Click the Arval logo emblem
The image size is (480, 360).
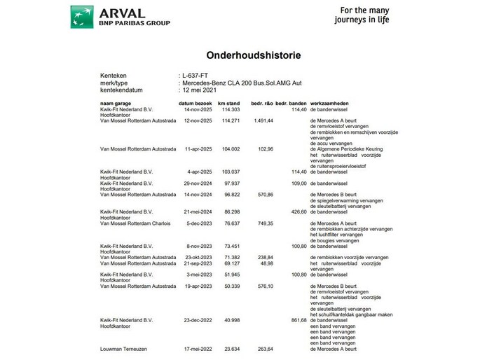coord(83,16)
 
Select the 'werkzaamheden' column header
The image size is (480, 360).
coord(331,104)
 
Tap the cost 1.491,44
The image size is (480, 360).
coord(260,120)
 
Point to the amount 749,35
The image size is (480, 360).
coord(262,223)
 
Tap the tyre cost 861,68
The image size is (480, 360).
coord(298,320)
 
